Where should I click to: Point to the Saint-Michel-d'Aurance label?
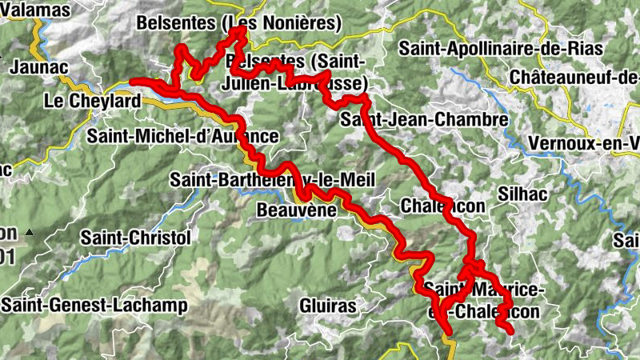(x=182, y=136)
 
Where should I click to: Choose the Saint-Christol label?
(x=136, y=238)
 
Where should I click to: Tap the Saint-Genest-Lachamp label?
(x=94, y=305)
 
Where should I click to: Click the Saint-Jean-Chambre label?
(x=424, y=120)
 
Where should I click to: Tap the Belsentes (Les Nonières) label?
(x=238, y=22)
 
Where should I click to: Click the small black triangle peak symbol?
(x=30, y=232)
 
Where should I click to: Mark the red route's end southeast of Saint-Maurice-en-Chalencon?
(x=510, y=330)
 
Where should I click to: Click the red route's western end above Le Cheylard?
(x=132, y=81)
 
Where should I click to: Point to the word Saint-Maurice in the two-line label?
(x=485, y=288)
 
